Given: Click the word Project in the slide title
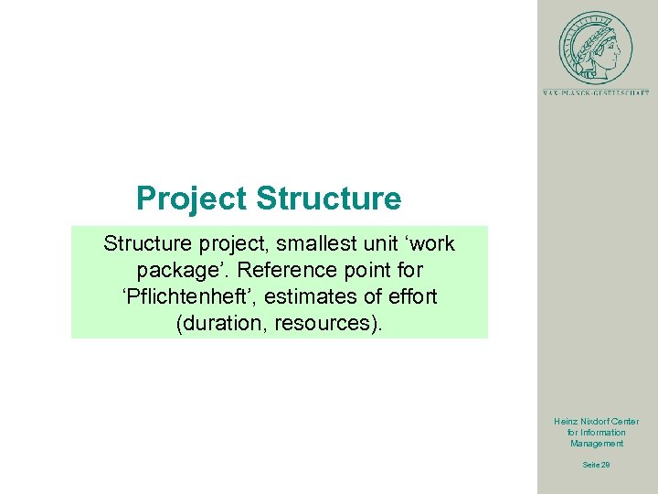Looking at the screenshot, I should point(192,199).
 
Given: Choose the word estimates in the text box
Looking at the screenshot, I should point(314,296).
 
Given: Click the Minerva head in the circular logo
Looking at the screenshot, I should point(596,45).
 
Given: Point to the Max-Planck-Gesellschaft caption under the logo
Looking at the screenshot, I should point(596,92).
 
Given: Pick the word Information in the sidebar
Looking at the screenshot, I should point(602,433).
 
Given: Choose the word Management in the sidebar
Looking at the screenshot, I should point(597,444).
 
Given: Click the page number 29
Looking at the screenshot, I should point(606,465).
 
